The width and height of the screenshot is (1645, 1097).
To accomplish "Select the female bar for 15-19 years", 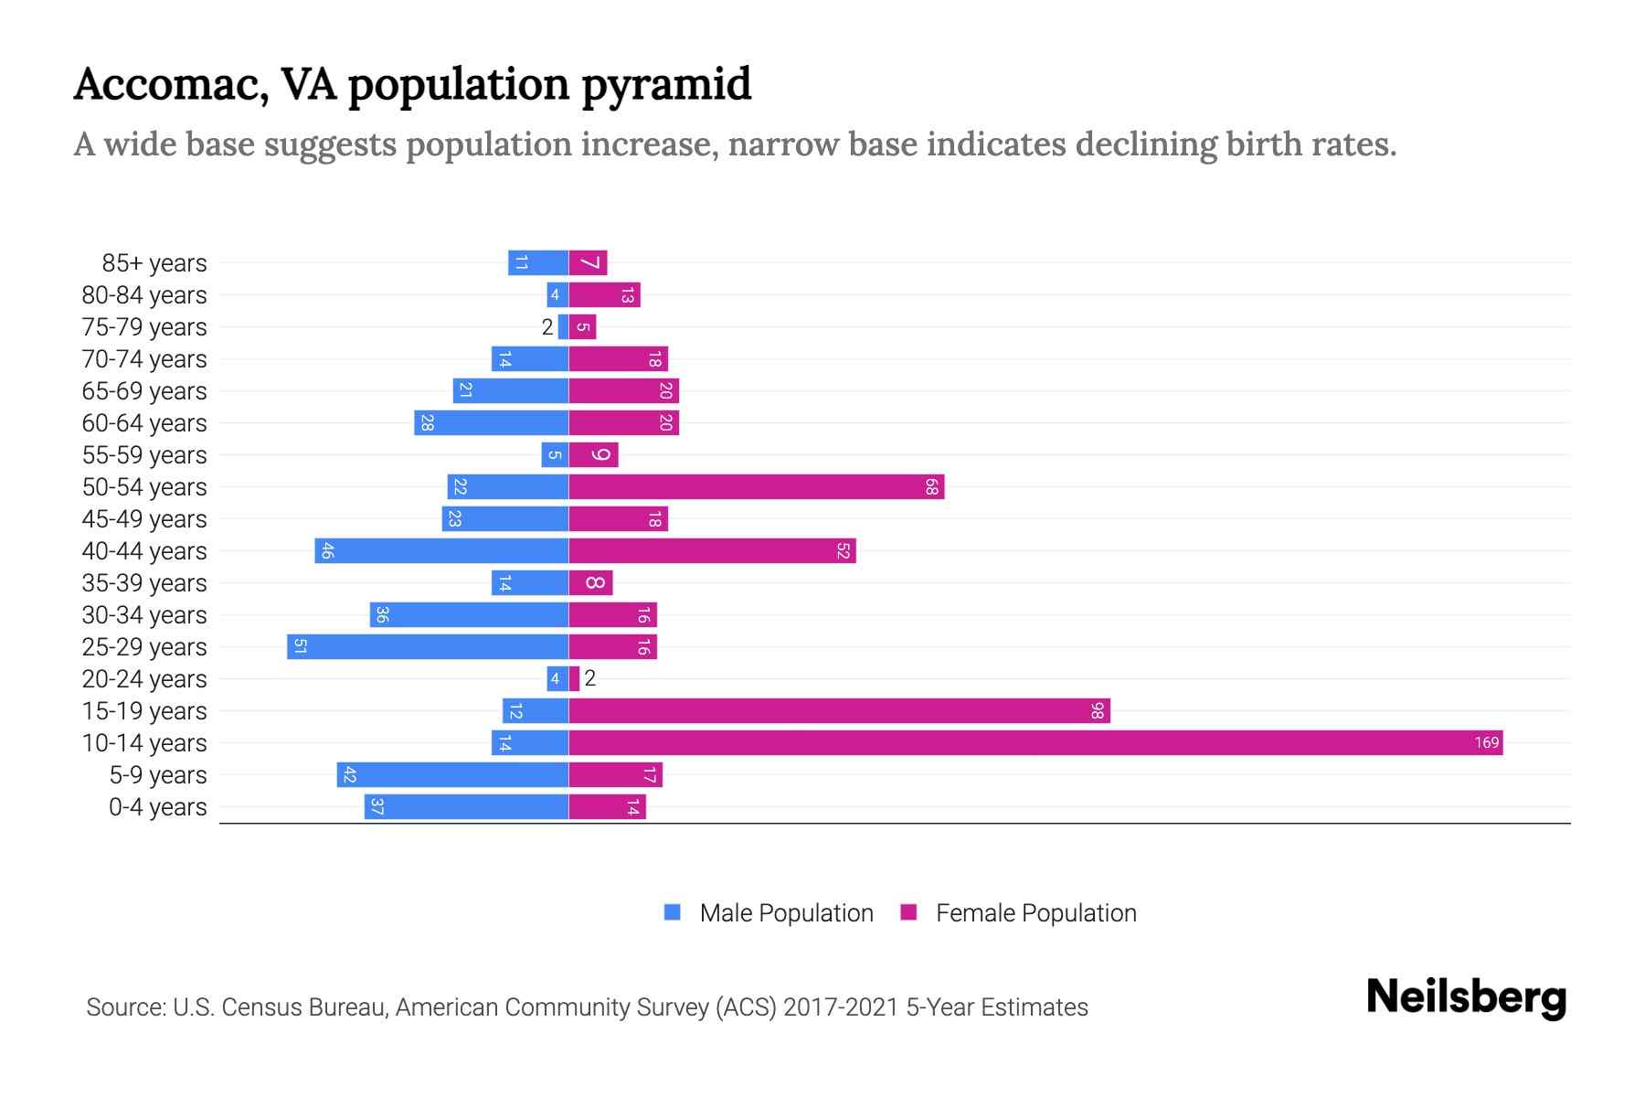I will click(x=839, y=710).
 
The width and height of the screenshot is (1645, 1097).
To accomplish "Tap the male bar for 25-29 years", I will click(x=428, y=646).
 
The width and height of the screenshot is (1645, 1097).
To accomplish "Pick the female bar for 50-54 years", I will click(x=756, y=486).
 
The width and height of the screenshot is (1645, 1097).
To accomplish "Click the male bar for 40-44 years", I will click(x=441, y=550).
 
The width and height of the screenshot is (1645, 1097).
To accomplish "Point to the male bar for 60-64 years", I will click(x=491, y=422).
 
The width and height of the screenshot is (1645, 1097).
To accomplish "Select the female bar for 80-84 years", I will click(x=604, y=294).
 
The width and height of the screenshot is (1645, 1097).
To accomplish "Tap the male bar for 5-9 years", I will click(x=452, y=774).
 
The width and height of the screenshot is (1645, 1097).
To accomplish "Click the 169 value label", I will click(x=1486, y=742).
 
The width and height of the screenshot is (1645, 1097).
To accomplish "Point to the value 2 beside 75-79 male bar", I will click(x=547, y=326).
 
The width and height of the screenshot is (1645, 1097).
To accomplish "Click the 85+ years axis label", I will click(x=154, y=263).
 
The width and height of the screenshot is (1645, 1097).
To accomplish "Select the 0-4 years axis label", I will click(x=157, y=807).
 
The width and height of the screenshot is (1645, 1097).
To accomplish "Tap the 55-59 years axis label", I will click(x=144, y=455).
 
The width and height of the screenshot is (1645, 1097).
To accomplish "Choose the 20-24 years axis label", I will click(x=144, y=679).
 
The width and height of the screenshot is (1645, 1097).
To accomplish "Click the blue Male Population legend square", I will click(x=673, y=912).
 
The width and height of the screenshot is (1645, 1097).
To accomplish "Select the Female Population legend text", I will click(x=1035, y=912).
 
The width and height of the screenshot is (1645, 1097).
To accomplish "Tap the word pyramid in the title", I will click(x=666, y=85).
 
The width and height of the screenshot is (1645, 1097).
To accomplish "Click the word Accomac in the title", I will click(x=170, y=85).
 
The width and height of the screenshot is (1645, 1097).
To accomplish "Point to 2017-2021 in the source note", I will click(x=840, y=1007).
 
